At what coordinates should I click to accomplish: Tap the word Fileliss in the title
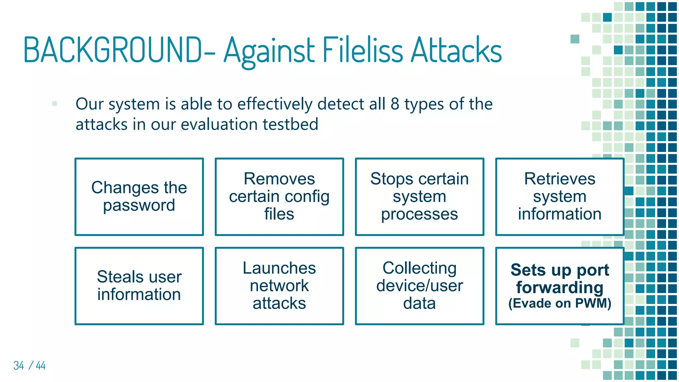tap(363, 50)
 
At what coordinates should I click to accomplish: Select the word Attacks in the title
tap(457, 50)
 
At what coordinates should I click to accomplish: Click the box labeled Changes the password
tap(139, 197)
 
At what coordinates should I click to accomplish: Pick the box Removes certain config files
tap(279, 197)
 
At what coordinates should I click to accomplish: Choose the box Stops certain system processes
tap(419, 197)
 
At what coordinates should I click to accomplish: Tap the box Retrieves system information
tap(560, 197)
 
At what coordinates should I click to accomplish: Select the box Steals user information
tap(139, 286)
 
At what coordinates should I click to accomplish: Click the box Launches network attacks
tap(279, 286)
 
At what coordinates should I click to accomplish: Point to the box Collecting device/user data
tap(419, 286)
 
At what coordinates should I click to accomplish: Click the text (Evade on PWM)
tap(560, 303)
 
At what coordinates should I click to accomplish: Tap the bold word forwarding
tap(560, 287)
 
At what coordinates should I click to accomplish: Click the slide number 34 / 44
tap(29, 365)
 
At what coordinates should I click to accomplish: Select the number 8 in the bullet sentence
tap(395, 104)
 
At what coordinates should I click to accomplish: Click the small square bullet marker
tap(55, 103)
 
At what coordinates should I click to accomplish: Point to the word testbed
tap(290, 125)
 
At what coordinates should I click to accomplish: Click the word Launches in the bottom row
tap(279, 268)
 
